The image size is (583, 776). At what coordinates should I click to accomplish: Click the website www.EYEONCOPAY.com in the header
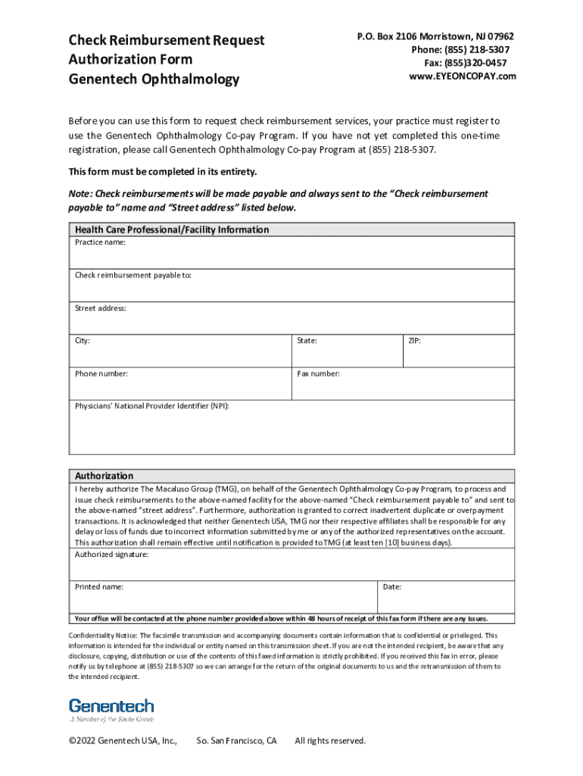(463, 77)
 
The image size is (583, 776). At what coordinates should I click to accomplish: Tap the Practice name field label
(100, 242)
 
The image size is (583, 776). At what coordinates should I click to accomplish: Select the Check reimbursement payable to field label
(132, 275)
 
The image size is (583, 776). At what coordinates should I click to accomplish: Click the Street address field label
(101, 308)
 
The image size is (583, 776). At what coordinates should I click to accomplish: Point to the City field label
(83, 341)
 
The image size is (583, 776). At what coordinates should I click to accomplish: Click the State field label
(307, 341)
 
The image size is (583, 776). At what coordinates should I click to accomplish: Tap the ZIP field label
(414, 341)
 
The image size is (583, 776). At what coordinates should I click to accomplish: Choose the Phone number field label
(101, 374)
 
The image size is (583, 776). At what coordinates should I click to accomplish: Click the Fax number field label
(318, 374)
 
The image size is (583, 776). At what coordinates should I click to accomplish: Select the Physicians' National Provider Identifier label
(151, 406)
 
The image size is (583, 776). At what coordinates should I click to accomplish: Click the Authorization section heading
(104, 476)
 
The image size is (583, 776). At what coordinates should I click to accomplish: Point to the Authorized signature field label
(111, 555)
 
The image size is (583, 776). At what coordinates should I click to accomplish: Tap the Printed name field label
(99, 587)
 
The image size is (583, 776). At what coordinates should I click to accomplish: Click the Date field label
(392, 587)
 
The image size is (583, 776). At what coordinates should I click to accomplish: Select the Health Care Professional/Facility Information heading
(171, 230)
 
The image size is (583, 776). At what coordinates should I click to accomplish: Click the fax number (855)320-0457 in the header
(469, 63)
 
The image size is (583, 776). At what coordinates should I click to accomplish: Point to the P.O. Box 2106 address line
(435, 36)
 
